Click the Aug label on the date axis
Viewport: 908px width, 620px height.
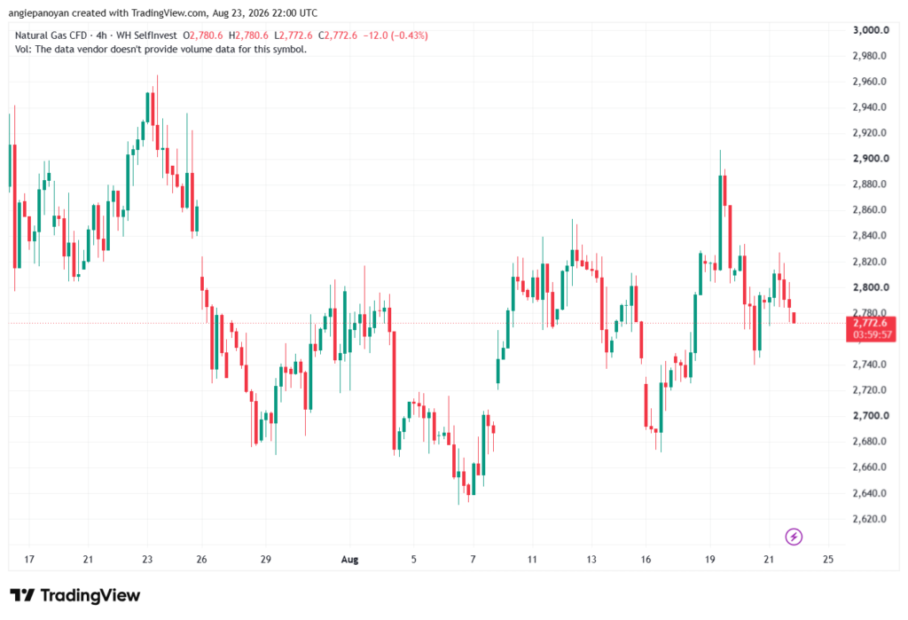[349, 559]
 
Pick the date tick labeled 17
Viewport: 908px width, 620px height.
[29, 559]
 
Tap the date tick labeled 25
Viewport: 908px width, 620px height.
[828, 559]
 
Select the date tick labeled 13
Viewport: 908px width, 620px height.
[591, 559]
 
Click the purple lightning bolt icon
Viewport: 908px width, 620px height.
[794, 537]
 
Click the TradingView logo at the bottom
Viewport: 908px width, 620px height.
[75, 595]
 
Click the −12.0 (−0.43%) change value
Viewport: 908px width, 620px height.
[395, 35]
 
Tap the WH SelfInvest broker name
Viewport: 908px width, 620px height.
[146, 35]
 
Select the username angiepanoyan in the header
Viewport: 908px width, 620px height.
[39, 12]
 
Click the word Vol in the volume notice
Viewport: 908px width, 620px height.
[22, 50]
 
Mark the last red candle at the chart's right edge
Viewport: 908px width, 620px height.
[794, 318]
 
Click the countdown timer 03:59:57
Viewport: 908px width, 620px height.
[872, 335]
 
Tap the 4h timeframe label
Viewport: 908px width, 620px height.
[101, 35]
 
